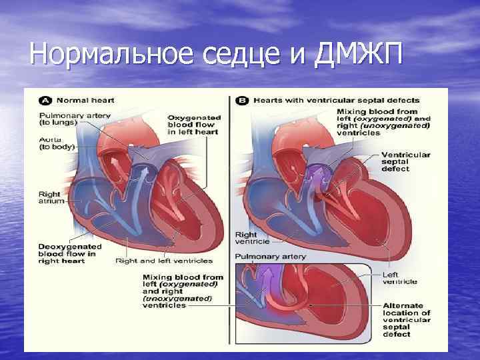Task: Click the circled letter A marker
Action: click(x=45, y=100)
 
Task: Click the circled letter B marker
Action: click(x=243, y=100)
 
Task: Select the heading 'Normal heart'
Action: click(x=85, y=100)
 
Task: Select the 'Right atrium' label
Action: click(x=49, y=199)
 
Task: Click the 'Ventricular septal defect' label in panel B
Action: click(x=405, y=161)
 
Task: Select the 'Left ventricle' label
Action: click(x=400, y=277)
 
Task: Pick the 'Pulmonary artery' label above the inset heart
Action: click(x=270, y=257)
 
